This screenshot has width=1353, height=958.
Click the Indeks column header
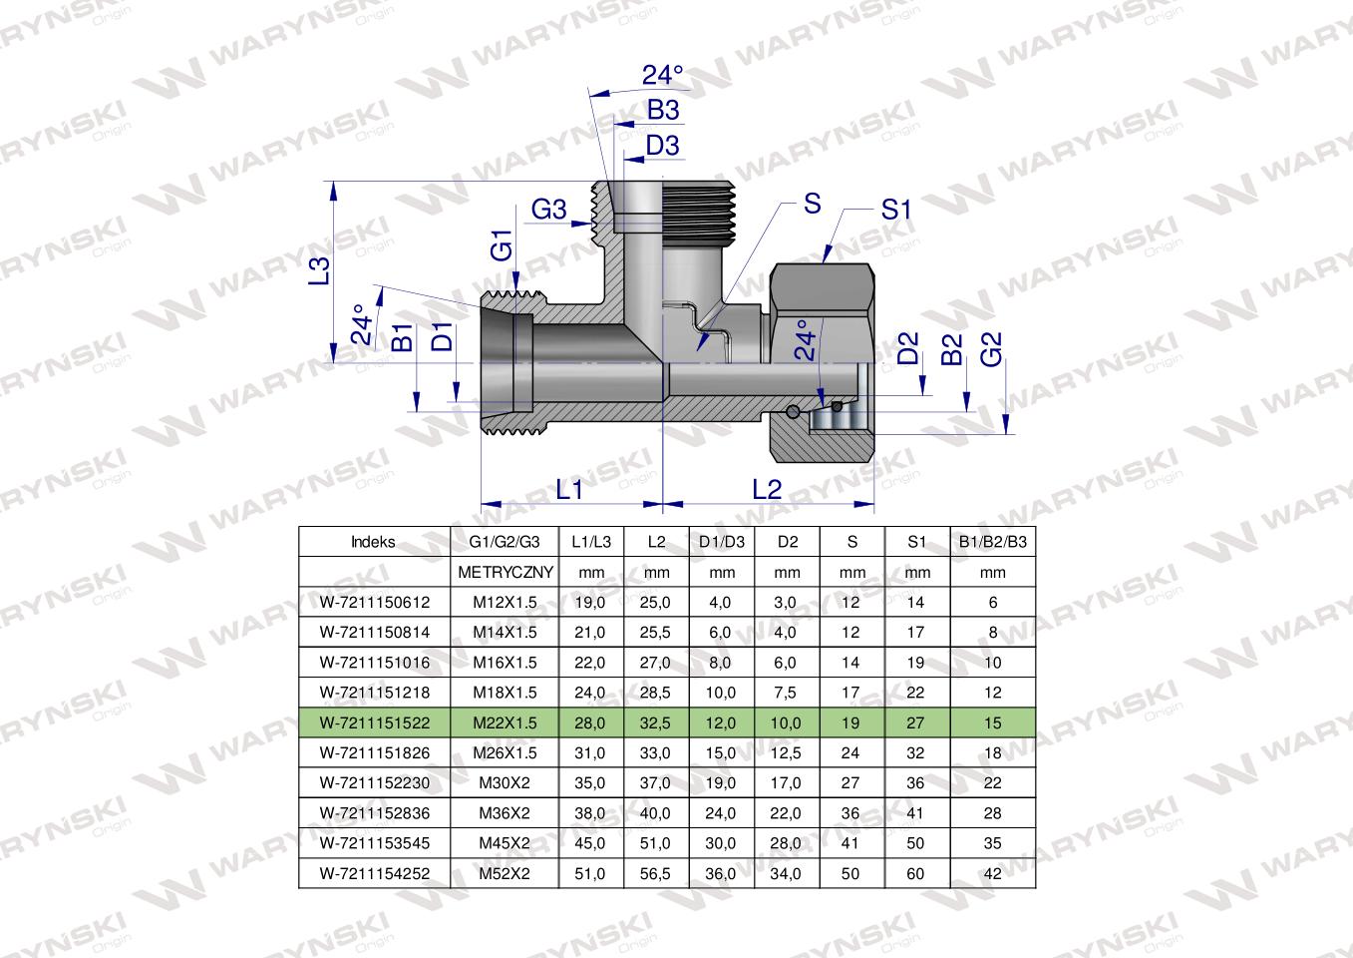(373, 542)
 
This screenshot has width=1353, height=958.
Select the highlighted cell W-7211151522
(373, 722)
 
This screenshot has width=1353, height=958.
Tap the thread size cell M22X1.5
(505, 722)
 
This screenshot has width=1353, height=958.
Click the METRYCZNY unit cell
(505, 573)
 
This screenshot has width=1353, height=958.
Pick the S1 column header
(917, 542)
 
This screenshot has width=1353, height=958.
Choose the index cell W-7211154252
(373, 873)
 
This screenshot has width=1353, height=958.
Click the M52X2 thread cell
(505, 873)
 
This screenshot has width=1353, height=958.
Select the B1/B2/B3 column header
(992, 542)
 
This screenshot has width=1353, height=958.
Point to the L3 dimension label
(318, 271)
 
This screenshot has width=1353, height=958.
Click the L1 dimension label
(568, 489)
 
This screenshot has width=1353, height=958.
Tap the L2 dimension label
(766, 489)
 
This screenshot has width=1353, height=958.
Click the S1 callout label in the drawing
(896, 210)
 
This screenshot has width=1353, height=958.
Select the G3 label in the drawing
(548, 210)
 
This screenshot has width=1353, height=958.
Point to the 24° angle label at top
(662, 75)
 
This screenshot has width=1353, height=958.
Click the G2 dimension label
(991, 348)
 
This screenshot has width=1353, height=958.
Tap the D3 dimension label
(662, 146)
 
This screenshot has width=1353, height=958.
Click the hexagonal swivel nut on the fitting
(823, 299)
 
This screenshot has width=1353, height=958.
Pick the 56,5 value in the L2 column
(656, 873)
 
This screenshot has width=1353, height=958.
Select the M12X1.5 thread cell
(505, 602)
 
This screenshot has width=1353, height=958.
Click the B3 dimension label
(662, 110)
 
